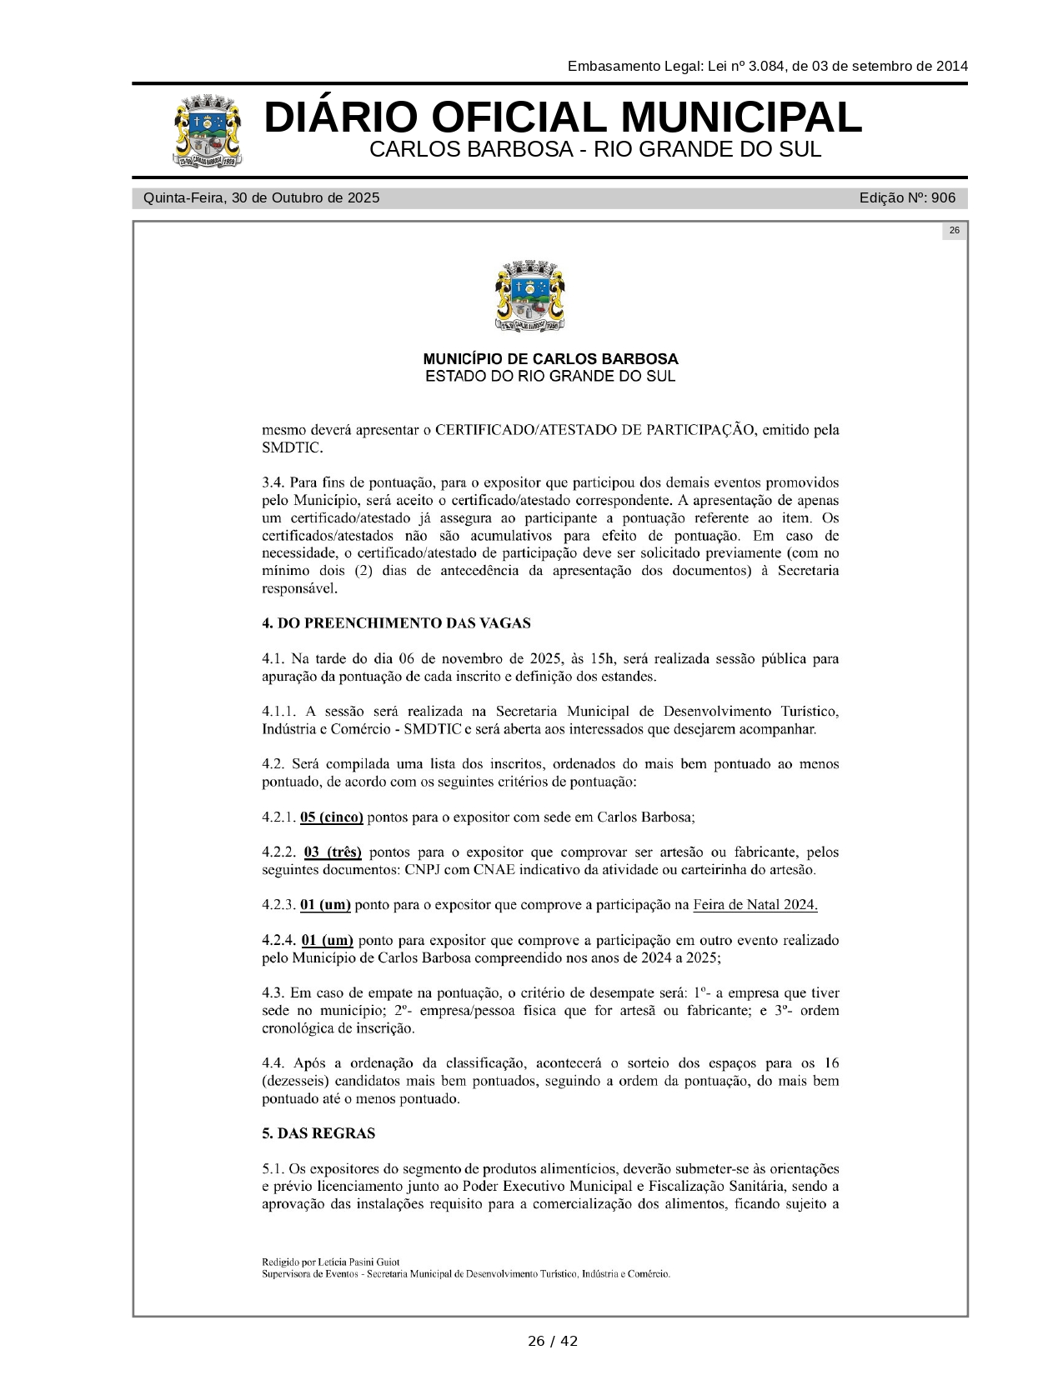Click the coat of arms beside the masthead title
pyautogui.click(x=208, y=131)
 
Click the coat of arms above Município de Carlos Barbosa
pyautogui.click(x=531, y=297)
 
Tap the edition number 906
pyautogui.click(x=943, y=198)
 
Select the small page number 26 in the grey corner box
pyautogui.click(x=954, y=231)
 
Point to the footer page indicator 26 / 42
pyautogui.click(x=552, y=1341)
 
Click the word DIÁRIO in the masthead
pyautogui.click(x=338, y=117)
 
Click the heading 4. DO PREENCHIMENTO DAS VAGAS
pyautogui.click(x=396, y=623)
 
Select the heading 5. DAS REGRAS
pyautogui.click(x=318, y=1133)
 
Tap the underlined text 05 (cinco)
pyautogui.click(x=332, y=817)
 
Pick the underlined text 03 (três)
pyautogui.click(x=333, y=852)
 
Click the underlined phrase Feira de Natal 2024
pyautogui.click(x=755, y=905)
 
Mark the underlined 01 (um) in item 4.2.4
pyautogui.click(x=328, y=941)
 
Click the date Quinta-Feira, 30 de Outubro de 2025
pyautogui.click(x=261, y=198)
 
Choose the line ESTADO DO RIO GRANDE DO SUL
pyautogui.click(x=550, y=377)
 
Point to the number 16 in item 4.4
pyautogui.click(x=830, y=1063)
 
